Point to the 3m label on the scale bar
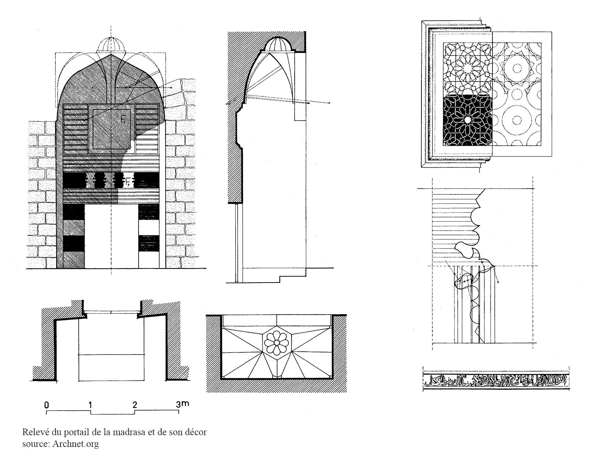(182, 404)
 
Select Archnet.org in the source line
(75, 444)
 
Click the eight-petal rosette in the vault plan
(276, 342)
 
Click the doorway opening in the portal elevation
(111, 236)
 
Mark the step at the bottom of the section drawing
(281, 278)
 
